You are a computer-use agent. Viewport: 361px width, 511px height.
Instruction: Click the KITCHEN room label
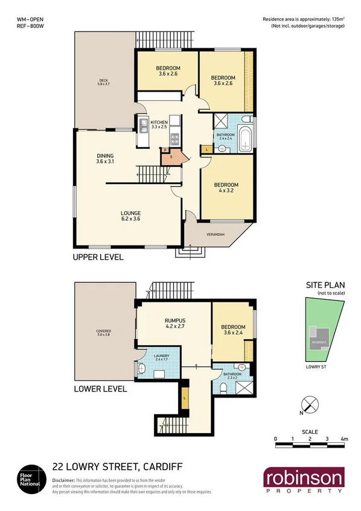[158, 124]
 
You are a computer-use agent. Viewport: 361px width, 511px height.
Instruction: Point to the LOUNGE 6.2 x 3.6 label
[130, 216]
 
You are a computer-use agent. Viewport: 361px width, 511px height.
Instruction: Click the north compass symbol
[309, 405]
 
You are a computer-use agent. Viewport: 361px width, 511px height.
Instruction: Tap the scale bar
[310, 445]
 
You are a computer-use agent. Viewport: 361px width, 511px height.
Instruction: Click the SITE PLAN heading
[321, 287]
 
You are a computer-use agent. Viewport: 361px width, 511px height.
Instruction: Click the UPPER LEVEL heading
[98, 257]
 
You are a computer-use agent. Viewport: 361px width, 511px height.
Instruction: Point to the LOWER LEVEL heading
[100, 389]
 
